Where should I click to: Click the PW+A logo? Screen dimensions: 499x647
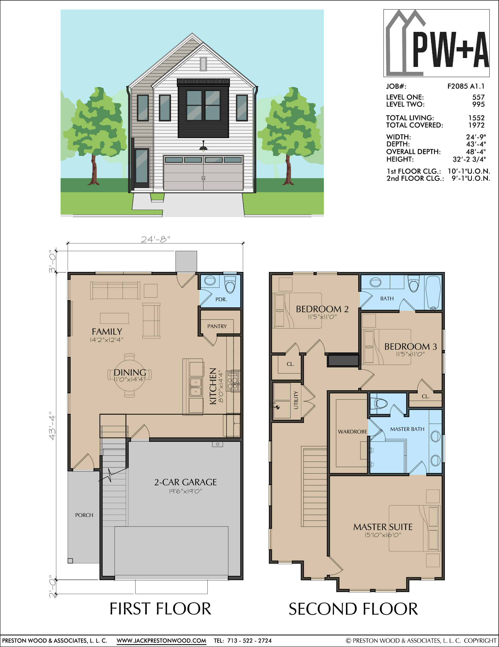tap(436, 43)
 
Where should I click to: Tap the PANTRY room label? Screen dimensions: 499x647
tap(217, 326)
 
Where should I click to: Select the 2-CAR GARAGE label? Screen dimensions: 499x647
tap(185, 482)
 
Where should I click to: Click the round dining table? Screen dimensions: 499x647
tap(130, 375)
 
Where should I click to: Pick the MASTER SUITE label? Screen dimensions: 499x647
tap(383, 527)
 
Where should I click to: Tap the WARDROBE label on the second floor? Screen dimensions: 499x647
tap(353, 432)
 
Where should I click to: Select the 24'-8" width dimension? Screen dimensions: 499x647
tap(156, 239)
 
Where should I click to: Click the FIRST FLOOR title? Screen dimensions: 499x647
tap(160, 609)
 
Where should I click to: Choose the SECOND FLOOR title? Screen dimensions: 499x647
tap(353, 609)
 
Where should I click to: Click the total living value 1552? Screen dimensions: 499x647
tap(476, 118)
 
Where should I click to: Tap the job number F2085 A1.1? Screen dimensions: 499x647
tap(466, 86)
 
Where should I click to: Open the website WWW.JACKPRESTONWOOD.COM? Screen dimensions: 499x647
tap(161, 641)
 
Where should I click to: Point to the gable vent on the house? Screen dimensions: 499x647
tap(203, 64)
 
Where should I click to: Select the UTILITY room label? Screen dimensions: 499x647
tap(296, 400)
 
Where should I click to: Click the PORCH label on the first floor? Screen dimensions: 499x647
tap(84, 515)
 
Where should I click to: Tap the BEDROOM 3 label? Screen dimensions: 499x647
tap(411, 346)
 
